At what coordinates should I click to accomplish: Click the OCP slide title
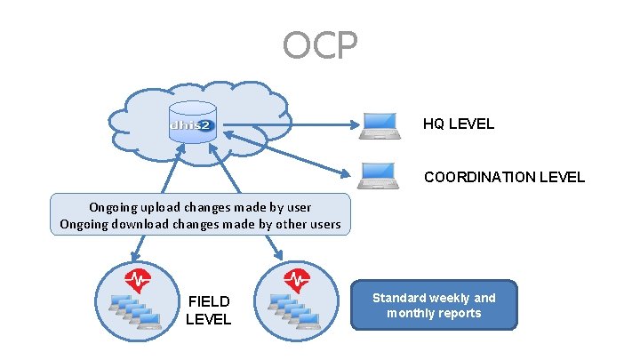pyautogui.click(x=320, y=44)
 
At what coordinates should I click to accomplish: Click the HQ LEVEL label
pyautogui.click(x=458, y=124)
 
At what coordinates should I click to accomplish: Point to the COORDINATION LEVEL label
pyautogui.click(x=504, y=177)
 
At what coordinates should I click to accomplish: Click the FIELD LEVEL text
pyautogui.click(x=208, y=310)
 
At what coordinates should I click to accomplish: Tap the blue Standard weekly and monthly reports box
pyautogui.click(x=434, y=306)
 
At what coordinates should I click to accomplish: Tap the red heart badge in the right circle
pyautogui.click(x=296, y=281)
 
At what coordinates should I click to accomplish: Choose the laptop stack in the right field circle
pyautogui.click(x=293, y=312)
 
